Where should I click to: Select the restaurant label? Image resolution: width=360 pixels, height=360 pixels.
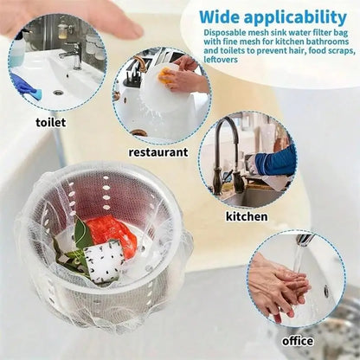pos(157,151)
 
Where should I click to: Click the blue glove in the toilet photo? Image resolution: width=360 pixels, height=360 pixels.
pos(22,85)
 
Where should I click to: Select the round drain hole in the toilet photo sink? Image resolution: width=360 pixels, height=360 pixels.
pos(58,91)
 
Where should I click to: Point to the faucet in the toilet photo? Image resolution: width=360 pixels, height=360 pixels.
pos(73,55)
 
